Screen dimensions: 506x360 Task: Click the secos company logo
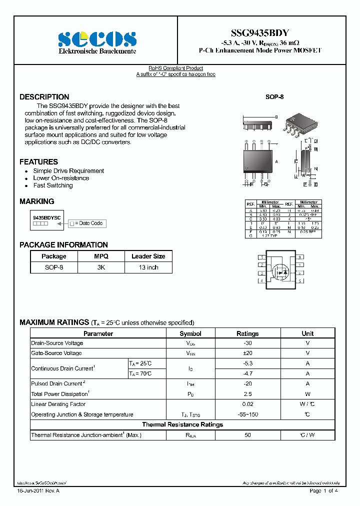[x=96, y=39]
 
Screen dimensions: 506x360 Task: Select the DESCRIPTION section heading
[x=44, y=97]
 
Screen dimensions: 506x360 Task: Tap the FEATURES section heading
[x=38, y=162]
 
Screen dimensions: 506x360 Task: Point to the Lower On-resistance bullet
[x=61, y=178]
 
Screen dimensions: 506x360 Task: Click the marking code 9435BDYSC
[x=46, y=218]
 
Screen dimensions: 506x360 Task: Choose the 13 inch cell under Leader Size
[x=148, y=267]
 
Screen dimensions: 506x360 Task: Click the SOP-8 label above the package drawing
[x=274, y=97]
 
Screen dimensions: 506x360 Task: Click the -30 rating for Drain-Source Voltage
[x=247, y=343]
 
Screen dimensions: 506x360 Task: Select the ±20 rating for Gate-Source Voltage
[x=247, y=353]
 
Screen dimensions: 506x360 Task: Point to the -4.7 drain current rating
[x=247, y=373]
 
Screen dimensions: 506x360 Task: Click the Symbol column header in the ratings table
[x=190, y=333]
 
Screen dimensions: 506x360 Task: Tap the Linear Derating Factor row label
[x=58, y=404]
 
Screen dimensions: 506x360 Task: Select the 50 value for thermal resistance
[x=247, y=435]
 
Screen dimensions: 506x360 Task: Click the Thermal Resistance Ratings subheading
[x=182, y=424]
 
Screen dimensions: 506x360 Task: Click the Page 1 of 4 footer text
[x=323, y=491]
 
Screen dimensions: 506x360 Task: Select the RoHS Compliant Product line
[x=175, y=68]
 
